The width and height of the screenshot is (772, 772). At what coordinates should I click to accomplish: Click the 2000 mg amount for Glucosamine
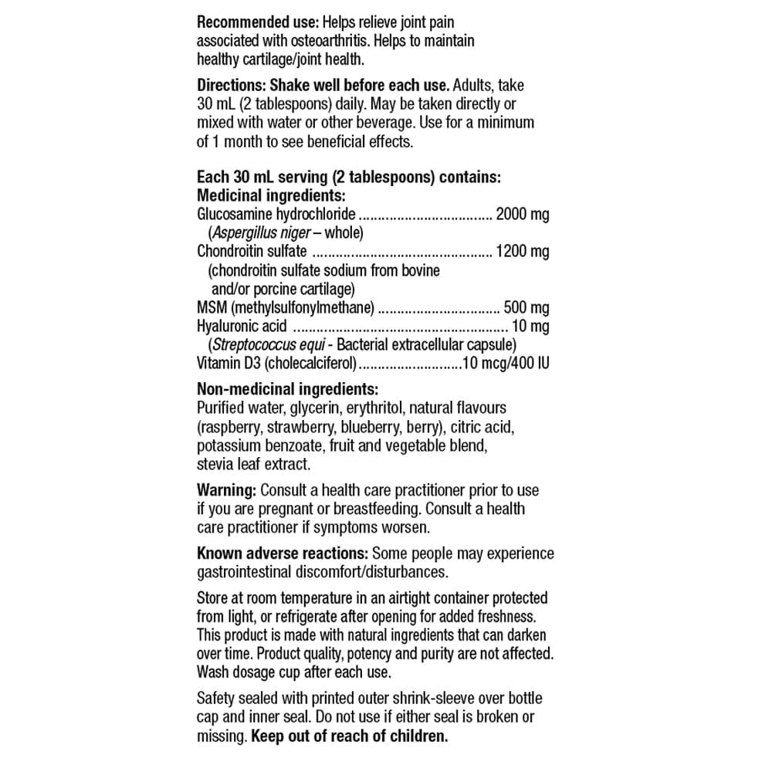tap(523, 214)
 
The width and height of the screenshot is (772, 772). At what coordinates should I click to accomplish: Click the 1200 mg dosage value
tap(523, 251)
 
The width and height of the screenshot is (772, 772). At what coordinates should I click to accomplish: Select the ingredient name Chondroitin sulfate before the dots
tap(252, 251)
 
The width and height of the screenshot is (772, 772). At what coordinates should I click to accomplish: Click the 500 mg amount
tap(527, 307)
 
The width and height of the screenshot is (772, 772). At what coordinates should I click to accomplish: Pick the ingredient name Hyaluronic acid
tap(242, 326)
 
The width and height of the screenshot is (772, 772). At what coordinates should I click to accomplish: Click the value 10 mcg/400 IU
tap(506, 363)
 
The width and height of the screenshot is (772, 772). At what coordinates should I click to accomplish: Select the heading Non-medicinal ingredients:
tap(287, 389)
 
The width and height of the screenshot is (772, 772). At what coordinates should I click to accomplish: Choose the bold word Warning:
tap(226, 490)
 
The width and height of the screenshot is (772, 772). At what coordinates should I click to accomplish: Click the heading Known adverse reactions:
tap(283, 554)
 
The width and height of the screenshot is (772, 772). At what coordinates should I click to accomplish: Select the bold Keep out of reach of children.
tap(349, 736)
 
